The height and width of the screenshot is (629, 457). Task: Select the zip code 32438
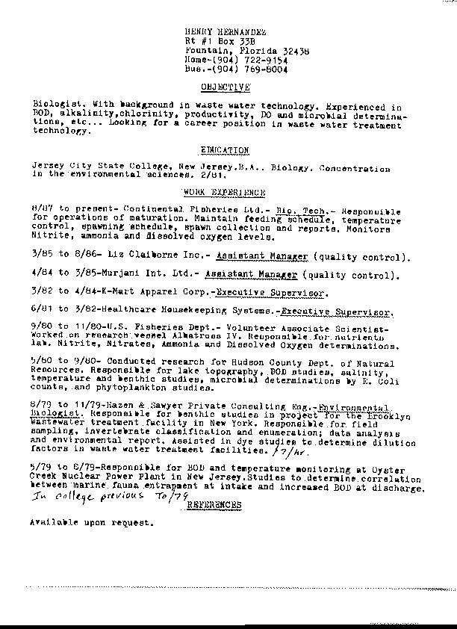pyautogui.click(x=294, y=50)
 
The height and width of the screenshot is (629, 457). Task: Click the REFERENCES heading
pyautogui.click(x=214, y=505)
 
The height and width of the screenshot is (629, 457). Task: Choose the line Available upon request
pyautogui.click(x=90, y=523)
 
